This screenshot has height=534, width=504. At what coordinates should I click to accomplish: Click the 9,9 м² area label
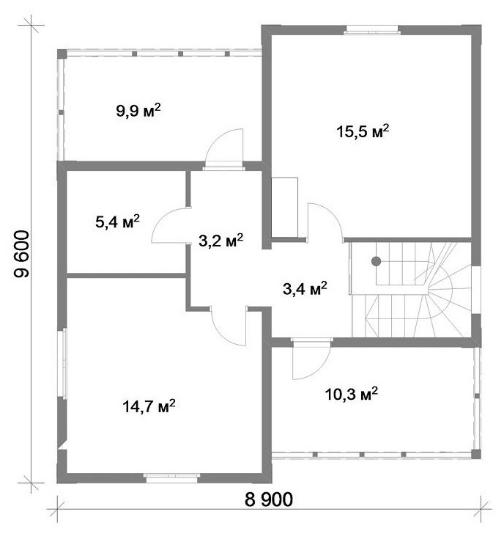click(138, 111)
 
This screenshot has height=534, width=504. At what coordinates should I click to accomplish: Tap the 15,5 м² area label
click(363, 131)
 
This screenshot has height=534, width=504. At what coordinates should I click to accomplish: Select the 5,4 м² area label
click(117, 222)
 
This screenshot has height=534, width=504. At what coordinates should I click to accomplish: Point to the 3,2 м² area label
click(221, 241)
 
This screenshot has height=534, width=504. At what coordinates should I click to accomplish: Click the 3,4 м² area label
click(305, 289)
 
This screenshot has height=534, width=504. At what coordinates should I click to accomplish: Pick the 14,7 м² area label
click(149, 406)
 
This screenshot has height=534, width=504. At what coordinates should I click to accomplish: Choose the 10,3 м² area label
click(352, 394)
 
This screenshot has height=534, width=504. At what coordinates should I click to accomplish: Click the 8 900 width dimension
click(269, 500)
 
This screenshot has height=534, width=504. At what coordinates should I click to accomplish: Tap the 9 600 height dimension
click(21, 254)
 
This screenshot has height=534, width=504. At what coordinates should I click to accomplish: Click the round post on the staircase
click(376, 261)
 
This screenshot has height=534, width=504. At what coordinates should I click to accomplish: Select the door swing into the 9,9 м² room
click(224, 148)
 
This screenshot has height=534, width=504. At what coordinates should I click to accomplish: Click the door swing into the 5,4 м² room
click(171, 225)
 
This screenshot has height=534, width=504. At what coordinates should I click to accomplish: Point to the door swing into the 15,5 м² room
click(325, 222)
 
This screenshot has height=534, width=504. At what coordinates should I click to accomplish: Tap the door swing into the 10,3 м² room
click(311, 359)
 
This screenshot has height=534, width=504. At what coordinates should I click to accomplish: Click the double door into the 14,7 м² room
click(229, 326)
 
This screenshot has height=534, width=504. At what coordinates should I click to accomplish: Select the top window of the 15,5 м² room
click(372, 30)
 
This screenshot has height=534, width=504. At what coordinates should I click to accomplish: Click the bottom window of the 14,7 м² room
click(171, 478)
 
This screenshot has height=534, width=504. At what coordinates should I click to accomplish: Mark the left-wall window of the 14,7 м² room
click(64, 363)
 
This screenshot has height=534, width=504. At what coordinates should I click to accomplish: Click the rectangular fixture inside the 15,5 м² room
click(285, 207)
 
